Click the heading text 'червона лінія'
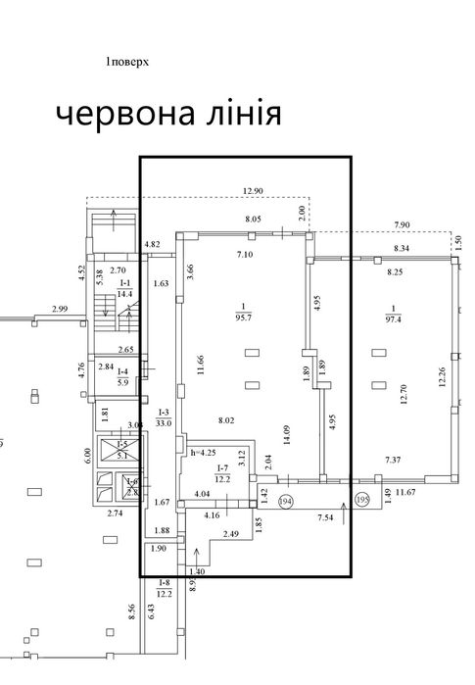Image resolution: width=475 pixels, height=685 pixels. click(x=167, y=115)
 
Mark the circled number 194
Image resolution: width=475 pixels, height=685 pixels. click(x=287, y=501)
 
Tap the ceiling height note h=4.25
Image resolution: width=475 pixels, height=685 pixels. click(x=205, y=452)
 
